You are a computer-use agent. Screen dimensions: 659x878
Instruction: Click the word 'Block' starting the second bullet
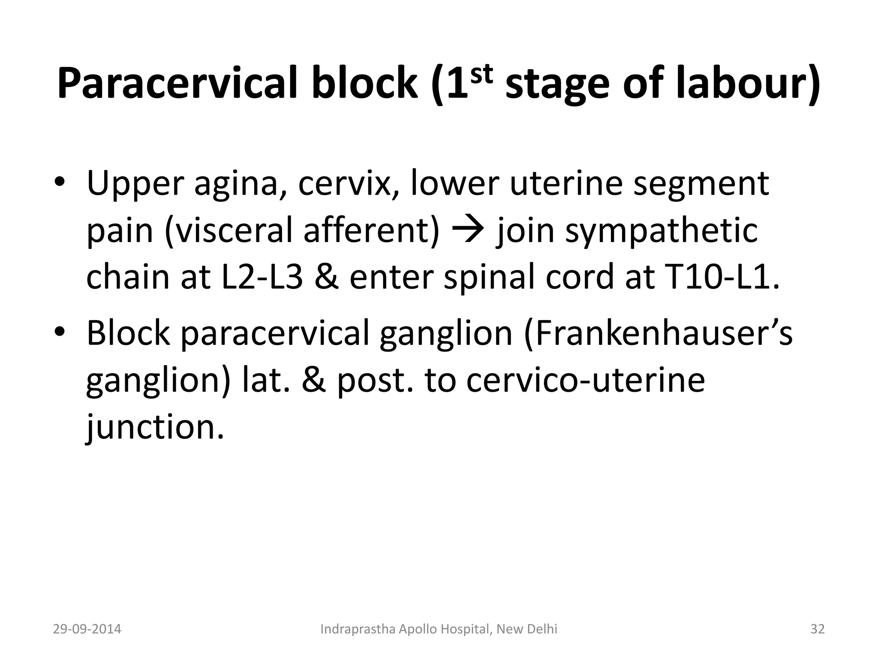[128, 333]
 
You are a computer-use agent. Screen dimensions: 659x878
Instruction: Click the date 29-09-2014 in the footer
[87, 629]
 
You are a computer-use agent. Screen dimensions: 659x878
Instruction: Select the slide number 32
[817, 629]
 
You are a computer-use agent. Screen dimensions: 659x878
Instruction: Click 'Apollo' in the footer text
[424, 629]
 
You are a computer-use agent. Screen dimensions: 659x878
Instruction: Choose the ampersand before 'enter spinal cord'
[328, 277]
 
